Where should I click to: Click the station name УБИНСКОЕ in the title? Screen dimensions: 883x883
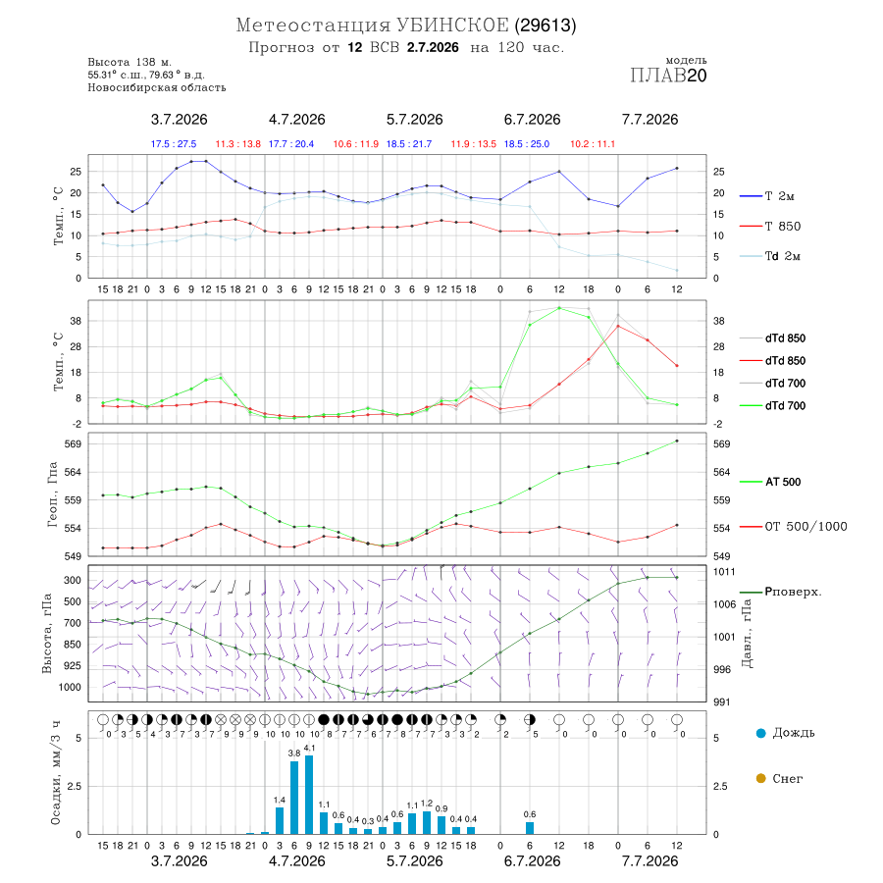(452, 26)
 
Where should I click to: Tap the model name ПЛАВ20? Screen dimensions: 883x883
(668, 76)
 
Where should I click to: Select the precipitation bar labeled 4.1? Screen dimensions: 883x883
(309, 795)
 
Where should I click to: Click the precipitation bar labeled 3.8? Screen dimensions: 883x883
(294, 798)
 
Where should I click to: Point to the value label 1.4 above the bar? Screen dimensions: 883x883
(280, 800)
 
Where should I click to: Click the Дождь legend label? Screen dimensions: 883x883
(794, 733)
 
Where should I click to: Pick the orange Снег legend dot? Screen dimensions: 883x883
(760, 778)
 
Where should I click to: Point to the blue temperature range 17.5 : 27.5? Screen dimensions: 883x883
(174, 144)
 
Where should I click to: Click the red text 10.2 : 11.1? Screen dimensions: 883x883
(593, 144)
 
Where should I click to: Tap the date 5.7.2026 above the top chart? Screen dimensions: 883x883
(414, 120)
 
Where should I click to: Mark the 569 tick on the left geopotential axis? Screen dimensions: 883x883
(74, 444)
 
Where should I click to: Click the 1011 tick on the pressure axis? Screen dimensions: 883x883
(724, 572)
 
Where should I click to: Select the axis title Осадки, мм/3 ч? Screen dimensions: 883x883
(55, 773)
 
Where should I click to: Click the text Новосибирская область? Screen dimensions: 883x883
(157, 87)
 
